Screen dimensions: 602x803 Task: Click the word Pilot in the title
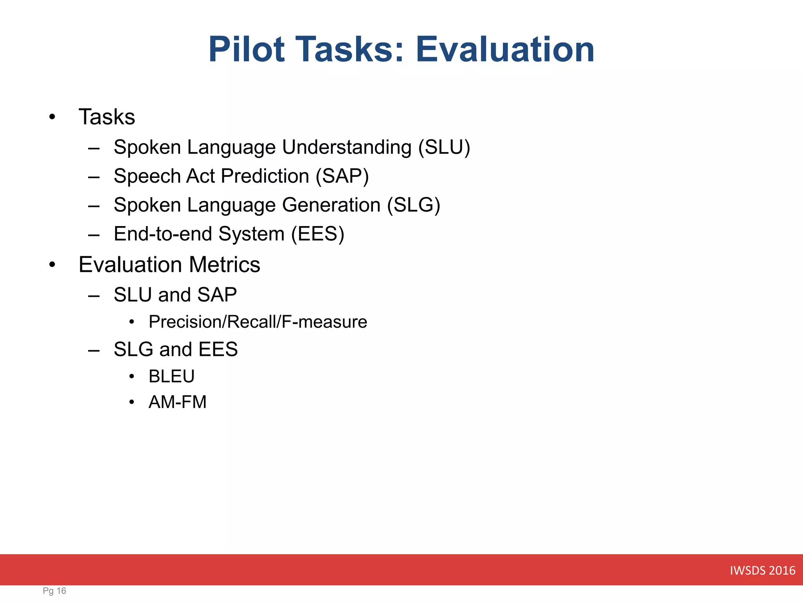tap(246, 49)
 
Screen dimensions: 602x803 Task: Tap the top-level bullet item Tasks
tap(107, 117)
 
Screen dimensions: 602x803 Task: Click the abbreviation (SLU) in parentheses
tap(444, 147)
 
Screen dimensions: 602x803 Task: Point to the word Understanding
tap(347, 147)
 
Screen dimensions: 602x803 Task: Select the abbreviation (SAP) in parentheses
tap(342, 176)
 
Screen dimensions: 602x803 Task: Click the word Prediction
tap(265, 176)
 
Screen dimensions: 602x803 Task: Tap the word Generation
tap(331, 205)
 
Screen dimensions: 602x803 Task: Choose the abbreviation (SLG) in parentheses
tap(414, 205)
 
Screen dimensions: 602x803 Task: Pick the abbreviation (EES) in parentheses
tap(318, 234)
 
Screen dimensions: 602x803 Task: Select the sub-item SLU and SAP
tap(175, 295)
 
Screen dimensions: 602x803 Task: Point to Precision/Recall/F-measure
tap(258, 322)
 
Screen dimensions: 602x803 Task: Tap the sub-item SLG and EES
tap(176, 349)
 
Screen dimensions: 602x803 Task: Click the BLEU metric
tap(171, 376)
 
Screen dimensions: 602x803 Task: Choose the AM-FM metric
tap(177, 402)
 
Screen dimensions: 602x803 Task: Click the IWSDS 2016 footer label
tap(762, 570)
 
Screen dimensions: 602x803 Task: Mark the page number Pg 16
tap(55, 591)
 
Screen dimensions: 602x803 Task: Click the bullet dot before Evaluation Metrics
tap(52, 265)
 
